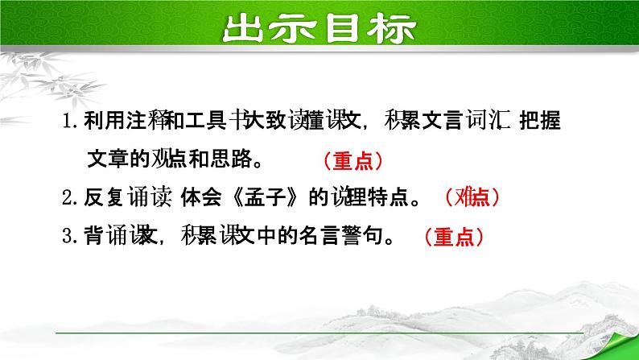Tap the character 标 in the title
394,30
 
